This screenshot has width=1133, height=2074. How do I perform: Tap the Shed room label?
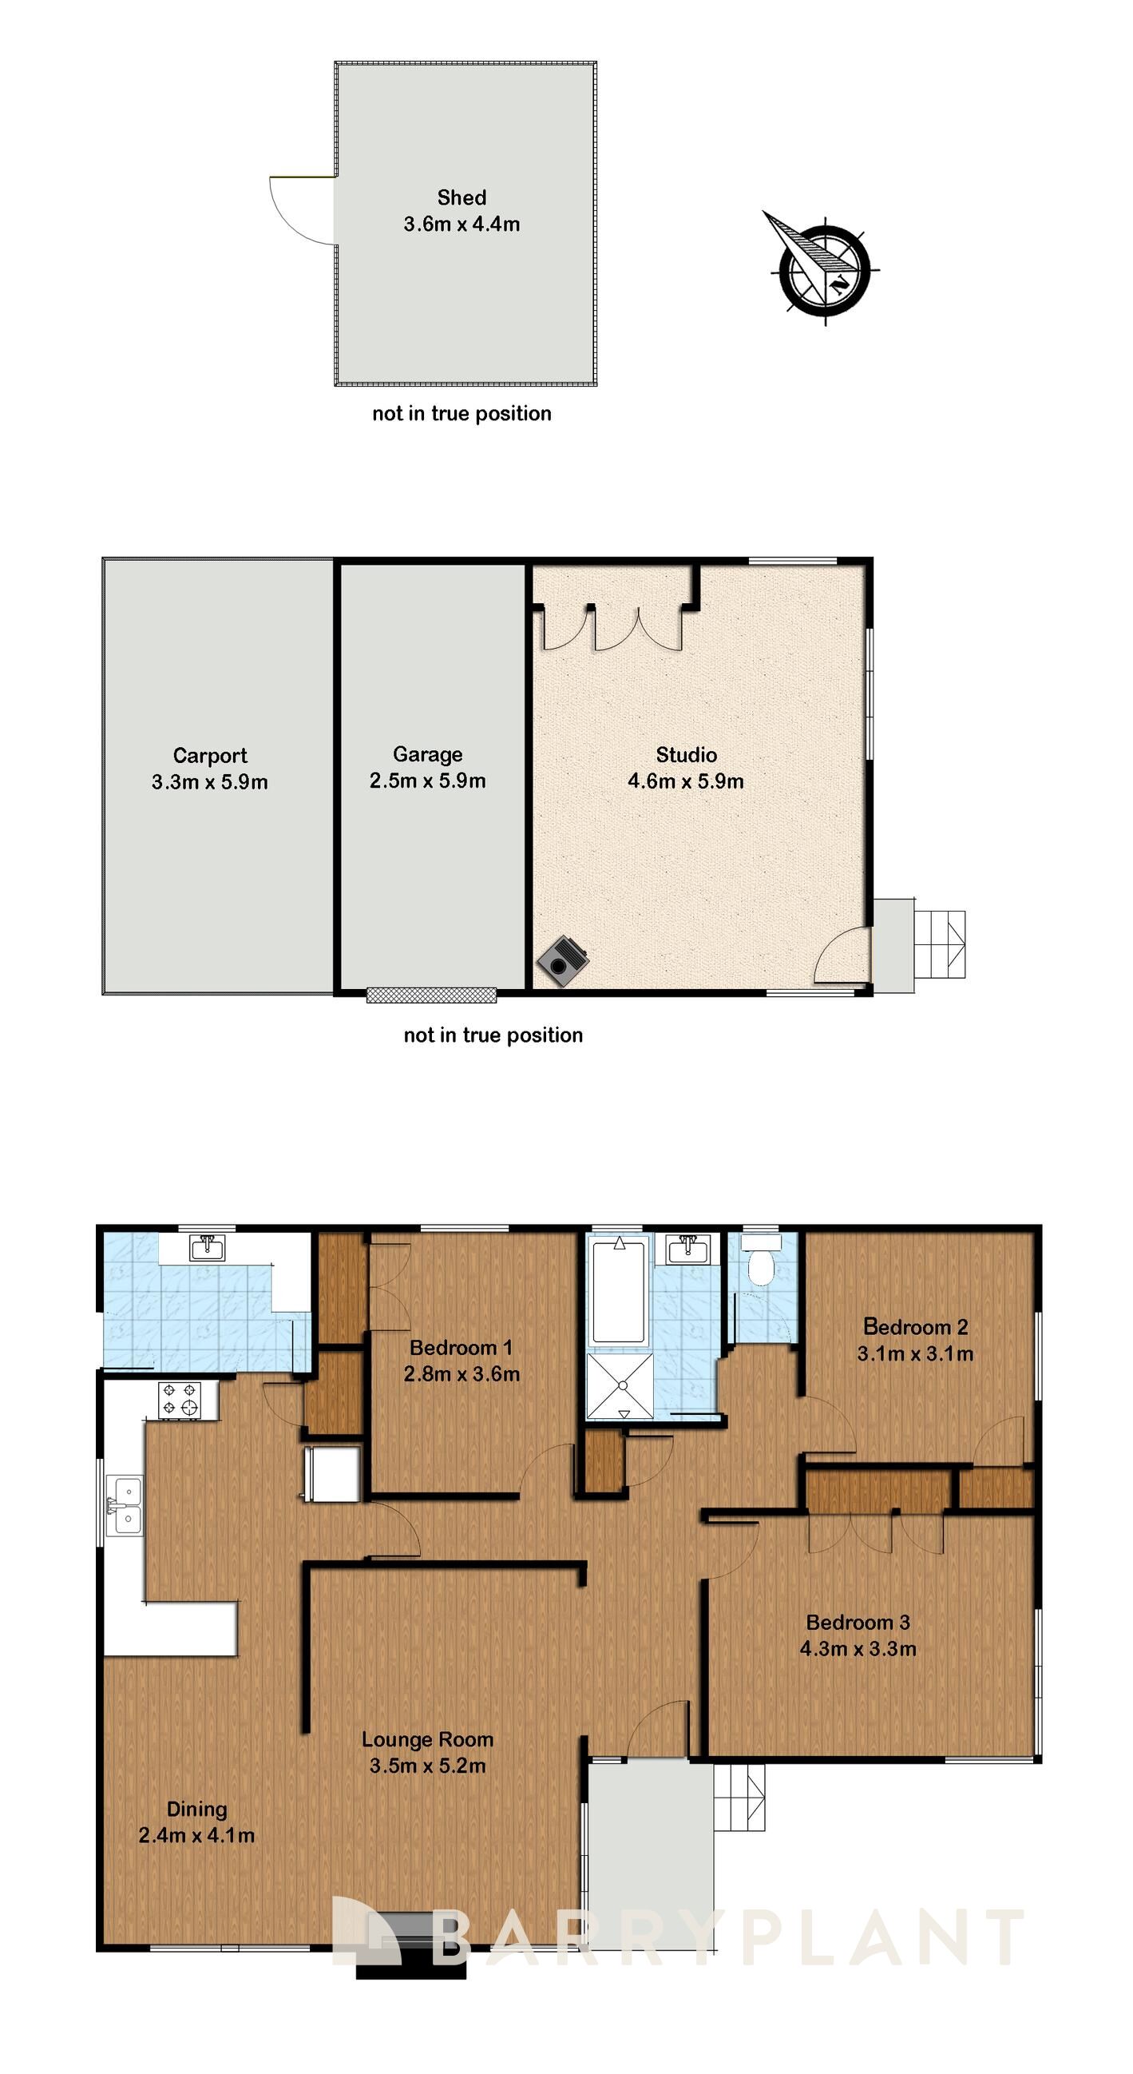pos(461,198)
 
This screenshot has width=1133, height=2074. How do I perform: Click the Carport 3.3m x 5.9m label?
pos(209,769)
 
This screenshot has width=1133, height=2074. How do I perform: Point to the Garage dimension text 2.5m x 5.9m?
pos(427,781)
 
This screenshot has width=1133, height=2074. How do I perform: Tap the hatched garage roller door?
pos(431,995)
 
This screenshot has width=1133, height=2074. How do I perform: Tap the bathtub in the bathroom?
pos(619,1291)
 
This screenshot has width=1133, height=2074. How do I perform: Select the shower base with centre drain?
pos(621,1385)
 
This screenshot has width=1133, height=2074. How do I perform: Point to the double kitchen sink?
pos(125,1505)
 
